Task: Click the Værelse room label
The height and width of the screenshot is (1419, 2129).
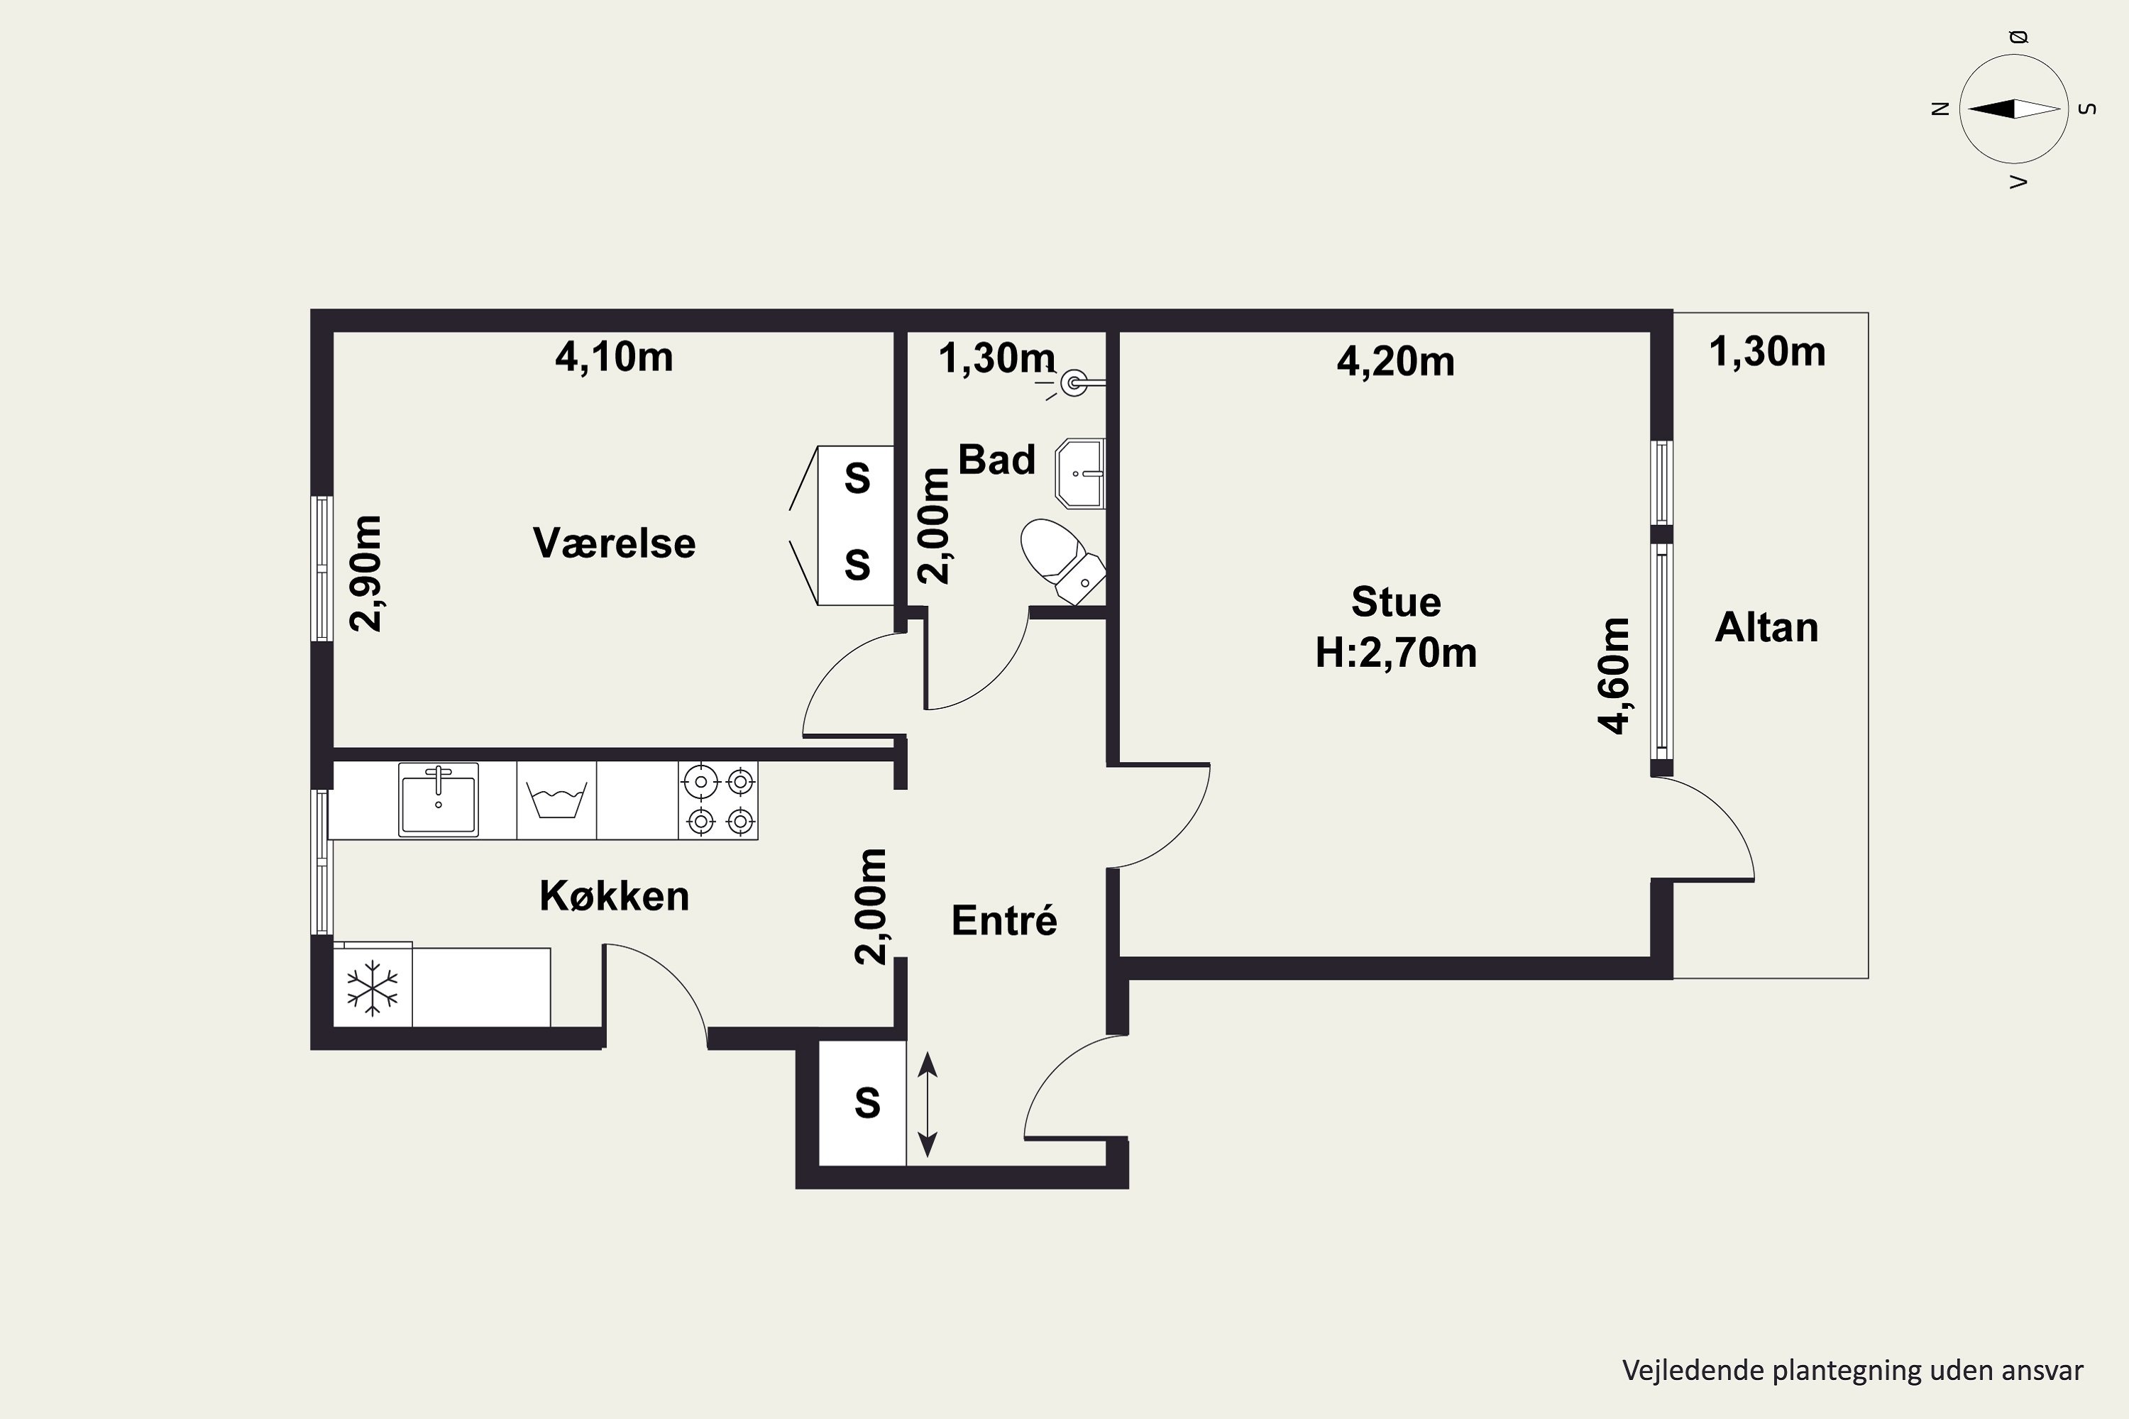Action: pyautogui.click(x=614, y=543)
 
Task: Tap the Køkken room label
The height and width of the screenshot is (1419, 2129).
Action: pyautogui.click(x=614, y=896)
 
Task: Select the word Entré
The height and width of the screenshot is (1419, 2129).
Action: pyautogui.click(x=1004, y=920)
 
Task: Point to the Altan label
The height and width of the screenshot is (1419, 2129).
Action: pyautogui.click(x=1766, y=627)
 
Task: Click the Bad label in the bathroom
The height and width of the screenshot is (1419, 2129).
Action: pyautogui.click(x=996, y=459)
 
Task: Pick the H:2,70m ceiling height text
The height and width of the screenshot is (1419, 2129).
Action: pyautogui.click(x=1396, y=653)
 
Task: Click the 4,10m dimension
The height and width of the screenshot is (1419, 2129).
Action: pyautogui.click(x=614, y=357)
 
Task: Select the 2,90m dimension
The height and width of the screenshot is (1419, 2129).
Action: pyautogui.click(x=365, y=573)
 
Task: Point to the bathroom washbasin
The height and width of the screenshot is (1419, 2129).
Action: pyautogui.click(x=1081, y=474)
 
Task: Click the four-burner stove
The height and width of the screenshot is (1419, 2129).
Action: pyautogui.click(x=717, y=800)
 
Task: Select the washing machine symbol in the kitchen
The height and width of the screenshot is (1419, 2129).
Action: pyautogui.click(x=556, y=800)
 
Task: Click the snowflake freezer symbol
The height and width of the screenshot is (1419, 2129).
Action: pyautogui.click(x=373, y=988)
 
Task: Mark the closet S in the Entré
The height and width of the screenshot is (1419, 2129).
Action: pyautogui.click(x=867, y=1103)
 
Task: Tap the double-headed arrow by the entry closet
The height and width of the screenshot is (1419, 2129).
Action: pyautogui.click(x=927, y=1104)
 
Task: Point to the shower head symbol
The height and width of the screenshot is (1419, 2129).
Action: pyautogui.click(x=1074, y=384)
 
